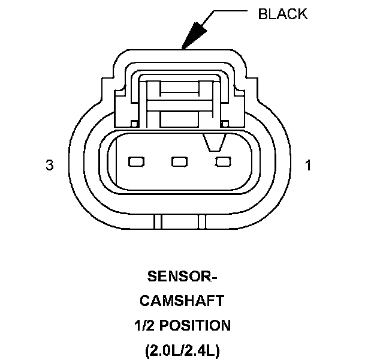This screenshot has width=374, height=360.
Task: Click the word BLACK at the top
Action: point(282,14)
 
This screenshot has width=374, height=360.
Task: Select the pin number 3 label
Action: point(49,165)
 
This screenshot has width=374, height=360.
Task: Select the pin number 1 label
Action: point(308,165)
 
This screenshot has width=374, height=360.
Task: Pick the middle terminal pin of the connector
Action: point(180,161)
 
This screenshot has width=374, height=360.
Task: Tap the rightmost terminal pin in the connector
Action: point(223,161)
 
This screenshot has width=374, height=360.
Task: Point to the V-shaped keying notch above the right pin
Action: point(214,142)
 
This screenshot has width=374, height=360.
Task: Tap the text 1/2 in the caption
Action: point(144,325)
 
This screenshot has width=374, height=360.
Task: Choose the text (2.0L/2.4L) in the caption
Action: point(182,350)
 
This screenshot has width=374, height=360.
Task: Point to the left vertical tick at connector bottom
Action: point(158,221)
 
